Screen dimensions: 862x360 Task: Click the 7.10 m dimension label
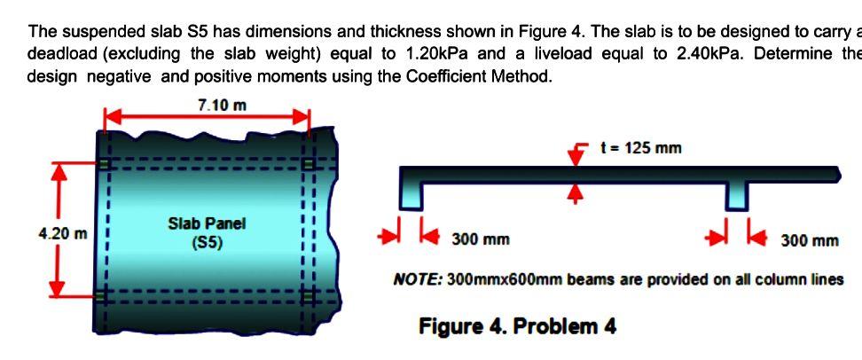pos(222,105)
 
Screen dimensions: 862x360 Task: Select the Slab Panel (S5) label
pos(207,232)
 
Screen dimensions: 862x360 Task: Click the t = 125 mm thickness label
pos(640,148)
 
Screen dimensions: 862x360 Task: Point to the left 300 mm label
pos(480,239)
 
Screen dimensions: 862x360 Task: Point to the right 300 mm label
pos(809,240)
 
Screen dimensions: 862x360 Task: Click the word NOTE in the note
pos(417,280)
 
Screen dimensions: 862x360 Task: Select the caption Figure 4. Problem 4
pos(517,326)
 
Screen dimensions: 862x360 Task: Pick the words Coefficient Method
pos(486,75)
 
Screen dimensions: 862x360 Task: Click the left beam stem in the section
pos(411,193)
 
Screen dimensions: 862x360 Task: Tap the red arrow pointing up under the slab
pos(577,193)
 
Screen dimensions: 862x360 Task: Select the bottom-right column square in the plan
pos(309,294)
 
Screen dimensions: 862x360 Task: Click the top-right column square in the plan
pos(309,163)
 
